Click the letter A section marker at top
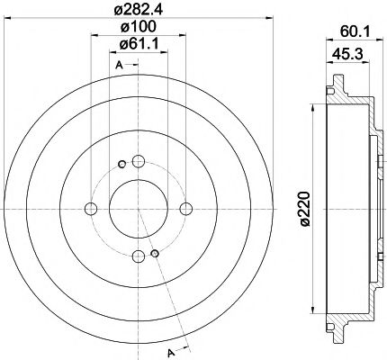(117, 65)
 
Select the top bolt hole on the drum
(138, 163)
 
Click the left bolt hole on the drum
(90, 209)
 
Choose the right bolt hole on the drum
(185, 209)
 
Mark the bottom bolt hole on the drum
(138, 256)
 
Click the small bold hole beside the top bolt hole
(121, 164)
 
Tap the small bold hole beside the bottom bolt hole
(155, 254)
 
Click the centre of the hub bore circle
(138, 209)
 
